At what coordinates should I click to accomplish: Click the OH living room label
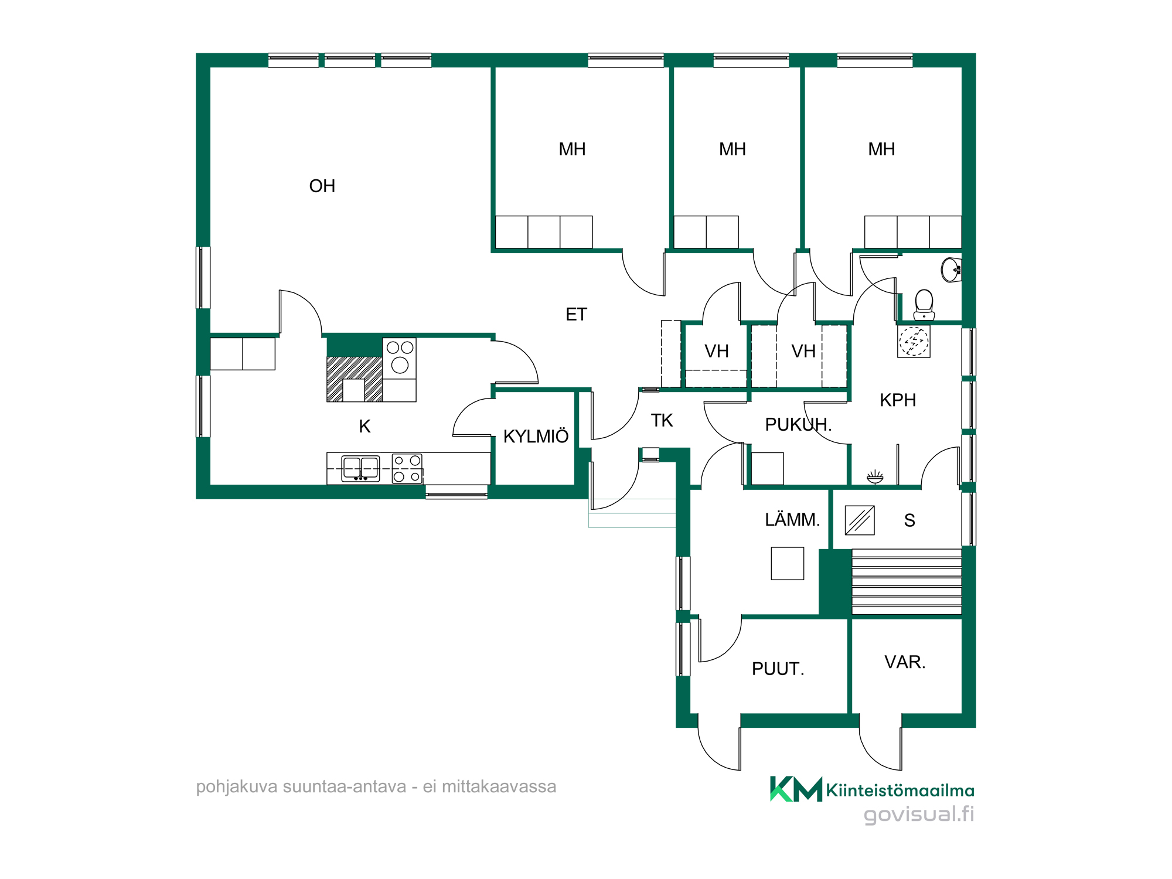322,186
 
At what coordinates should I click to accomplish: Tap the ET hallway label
576,315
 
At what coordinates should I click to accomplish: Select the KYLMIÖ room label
536,436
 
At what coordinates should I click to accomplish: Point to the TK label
662,420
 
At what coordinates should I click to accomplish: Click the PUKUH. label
798,424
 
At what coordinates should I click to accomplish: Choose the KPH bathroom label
898,400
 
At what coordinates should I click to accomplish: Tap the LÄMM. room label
792,519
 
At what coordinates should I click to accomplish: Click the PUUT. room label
778,669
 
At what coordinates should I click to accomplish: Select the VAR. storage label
905,662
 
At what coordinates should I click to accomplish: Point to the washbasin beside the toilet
951,270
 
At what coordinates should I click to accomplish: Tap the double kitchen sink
361,468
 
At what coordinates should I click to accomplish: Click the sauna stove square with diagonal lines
860,520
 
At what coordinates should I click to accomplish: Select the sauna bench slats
907,581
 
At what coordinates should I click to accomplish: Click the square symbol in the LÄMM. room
788,563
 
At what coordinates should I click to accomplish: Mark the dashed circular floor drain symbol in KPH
914,341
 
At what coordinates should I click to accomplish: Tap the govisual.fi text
919,815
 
